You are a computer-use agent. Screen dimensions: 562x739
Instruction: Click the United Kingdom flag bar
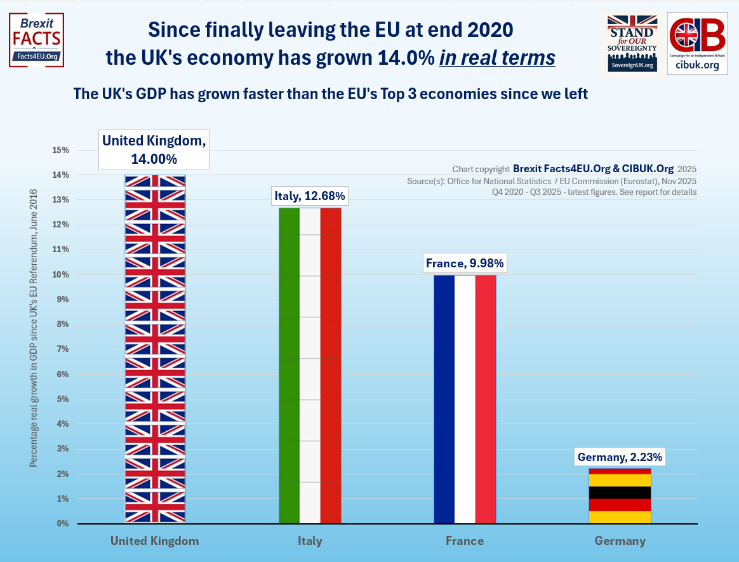(x=155, y=349)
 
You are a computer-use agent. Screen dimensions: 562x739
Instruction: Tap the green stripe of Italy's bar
(x=289, y=365)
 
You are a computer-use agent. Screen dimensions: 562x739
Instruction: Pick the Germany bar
(x=620, y=496)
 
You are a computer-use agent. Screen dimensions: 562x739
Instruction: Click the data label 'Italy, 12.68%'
(x=310, y=196)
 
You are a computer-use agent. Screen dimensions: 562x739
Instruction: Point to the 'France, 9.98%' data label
(x=465, y=263)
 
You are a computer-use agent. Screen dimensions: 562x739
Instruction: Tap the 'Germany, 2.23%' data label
(x=620, y=457)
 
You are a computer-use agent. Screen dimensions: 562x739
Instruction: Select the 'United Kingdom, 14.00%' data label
(x=154, y=150)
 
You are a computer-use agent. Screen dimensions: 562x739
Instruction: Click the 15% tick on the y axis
(x=61, y=151)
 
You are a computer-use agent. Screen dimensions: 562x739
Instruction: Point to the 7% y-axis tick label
(x=62, y=349)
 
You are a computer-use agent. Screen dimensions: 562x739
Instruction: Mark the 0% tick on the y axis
(x=62, y=524)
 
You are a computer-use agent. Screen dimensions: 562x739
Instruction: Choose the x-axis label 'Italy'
(x=310, y=541)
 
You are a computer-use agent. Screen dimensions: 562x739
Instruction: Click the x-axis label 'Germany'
(x=620, y=541)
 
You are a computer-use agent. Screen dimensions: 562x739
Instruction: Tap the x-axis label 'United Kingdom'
(x=154, y=541)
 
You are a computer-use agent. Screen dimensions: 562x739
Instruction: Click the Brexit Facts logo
(x=37, y=39)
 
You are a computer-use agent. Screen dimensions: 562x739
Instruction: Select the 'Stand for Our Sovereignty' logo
(x=631, y=43)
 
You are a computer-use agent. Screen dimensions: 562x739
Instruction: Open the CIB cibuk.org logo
(x=697, y=43)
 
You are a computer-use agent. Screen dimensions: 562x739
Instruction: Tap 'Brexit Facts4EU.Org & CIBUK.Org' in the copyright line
(x=593, y=169)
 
